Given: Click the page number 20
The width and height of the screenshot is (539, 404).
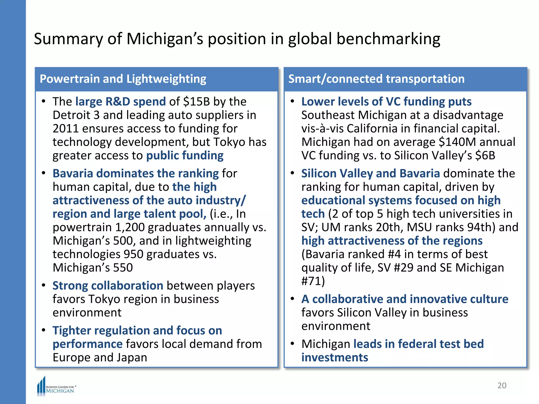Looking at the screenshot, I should point(502,385).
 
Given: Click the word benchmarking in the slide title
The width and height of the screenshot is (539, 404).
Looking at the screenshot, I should point(388,39).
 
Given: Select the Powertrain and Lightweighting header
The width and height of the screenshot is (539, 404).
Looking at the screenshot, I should point(123,79).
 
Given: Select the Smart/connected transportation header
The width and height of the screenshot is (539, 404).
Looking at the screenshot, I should point(376,79).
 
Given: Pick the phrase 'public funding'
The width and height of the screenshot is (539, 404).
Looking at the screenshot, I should point(185,156).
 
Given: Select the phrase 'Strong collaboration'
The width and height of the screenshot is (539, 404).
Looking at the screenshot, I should point(108,286).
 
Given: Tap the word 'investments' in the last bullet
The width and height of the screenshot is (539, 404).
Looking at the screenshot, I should point(335,358).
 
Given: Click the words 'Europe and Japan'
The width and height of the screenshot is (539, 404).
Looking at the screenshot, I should point(100,358).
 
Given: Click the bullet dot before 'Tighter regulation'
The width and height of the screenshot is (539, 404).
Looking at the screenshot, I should point(44,330).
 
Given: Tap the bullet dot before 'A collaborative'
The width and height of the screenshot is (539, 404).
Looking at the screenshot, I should point(292,299).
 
